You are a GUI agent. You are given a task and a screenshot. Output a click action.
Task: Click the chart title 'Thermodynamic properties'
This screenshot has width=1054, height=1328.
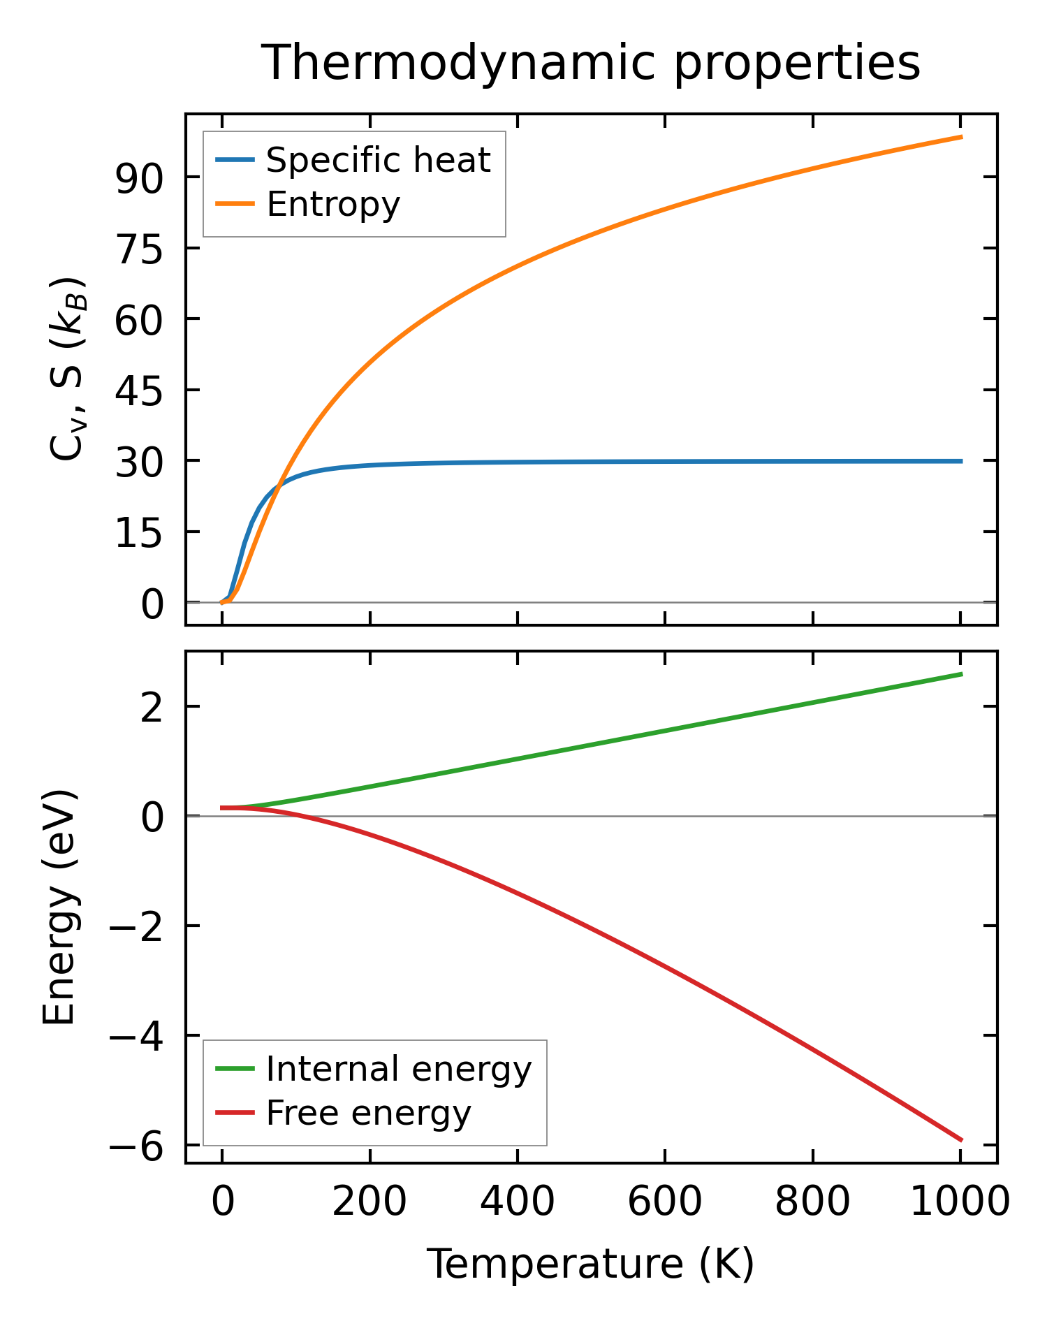coord(590,63)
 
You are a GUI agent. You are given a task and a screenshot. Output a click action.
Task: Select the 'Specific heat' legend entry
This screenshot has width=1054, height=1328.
coord(378,160)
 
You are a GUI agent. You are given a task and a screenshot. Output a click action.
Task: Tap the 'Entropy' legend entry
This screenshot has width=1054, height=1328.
coord(333,204)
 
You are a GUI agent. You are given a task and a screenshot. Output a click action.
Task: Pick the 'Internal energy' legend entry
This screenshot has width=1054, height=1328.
coord(399,1069)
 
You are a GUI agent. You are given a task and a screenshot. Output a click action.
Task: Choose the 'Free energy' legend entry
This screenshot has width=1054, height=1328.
coord(368,1113)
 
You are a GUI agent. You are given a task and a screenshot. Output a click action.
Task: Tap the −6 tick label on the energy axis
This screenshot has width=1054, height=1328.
coord(136,1146)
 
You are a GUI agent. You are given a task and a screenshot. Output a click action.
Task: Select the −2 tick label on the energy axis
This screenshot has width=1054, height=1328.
coord(136,926)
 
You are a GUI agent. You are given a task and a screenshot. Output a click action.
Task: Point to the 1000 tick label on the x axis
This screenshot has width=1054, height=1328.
coord(960,1203)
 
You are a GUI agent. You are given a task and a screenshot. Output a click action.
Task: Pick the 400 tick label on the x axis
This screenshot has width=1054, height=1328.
coord(518,1203)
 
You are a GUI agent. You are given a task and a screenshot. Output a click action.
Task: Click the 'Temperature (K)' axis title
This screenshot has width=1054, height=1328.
coord(590,1264)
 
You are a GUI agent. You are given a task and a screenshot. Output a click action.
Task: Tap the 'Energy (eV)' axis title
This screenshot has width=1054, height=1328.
coord(59,907)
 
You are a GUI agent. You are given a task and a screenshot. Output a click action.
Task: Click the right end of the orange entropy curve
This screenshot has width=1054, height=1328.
coord(961,137)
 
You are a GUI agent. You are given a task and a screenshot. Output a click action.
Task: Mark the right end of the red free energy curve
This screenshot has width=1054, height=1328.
coord(961,1139)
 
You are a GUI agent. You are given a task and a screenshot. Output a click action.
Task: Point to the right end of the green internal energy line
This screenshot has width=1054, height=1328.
coord(961,674)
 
